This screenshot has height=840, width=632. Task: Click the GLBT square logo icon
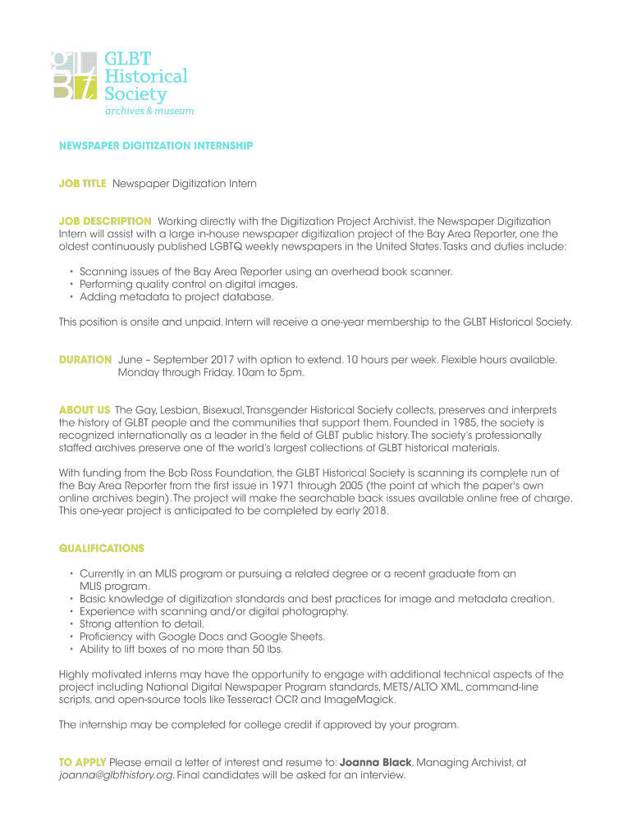click(74, 75)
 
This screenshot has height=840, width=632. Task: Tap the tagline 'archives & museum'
click(149, 111)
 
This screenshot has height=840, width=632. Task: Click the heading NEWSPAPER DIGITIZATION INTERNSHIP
click(156, 146)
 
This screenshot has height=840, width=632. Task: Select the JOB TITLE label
click(82, 184)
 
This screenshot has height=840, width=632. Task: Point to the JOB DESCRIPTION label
click(105, 221)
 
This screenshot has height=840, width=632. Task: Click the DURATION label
click(85, 359)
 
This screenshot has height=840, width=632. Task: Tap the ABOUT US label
click(85, 409)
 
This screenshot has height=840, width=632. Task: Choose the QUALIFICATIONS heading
click(102, 548)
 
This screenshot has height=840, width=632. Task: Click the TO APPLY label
click(82, 762)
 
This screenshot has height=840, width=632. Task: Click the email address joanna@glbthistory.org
click(116, 775)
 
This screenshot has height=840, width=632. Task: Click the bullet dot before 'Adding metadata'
click(71, 298)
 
